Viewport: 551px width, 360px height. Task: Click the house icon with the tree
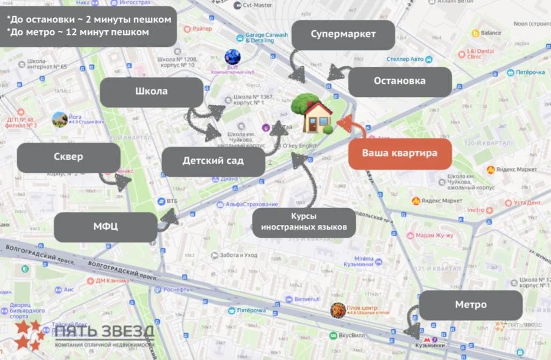coord(313,113)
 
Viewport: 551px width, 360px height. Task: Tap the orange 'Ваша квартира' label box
coord(399,153)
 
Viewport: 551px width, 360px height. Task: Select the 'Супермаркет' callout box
coord(343,34)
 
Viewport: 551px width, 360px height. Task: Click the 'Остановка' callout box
coord(400,81)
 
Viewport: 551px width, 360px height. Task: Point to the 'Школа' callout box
coord(151,91)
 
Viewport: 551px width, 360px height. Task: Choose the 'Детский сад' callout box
coord(213,161)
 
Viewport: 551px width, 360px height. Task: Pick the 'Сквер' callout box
coord(68,157)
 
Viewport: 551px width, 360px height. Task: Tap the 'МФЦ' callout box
coord(105,227)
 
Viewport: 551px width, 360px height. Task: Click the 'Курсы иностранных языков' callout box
coord(304,222)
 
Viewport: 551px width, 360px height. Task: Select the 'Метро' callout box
coord(470,305)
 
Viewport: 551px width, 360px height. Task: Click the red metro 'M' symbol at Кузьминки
coord(428,340)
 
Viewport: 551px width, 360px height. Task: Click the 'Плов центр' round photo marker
coord(337,310)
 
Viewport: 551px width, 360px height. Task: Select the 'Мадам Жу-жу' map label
coord(434,236)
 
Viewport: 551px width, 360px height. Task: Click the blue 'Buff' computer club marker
coord(232,57)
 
